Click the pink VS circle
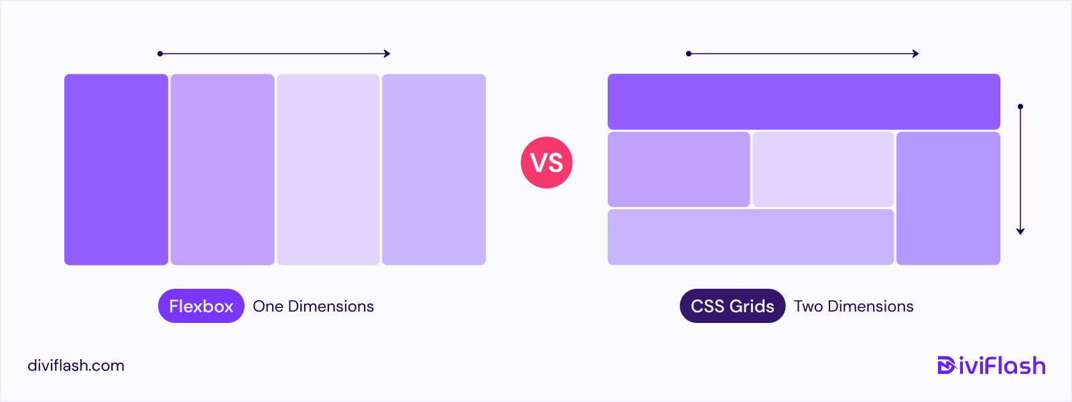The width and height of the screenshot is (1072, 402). click(x=547, y=163)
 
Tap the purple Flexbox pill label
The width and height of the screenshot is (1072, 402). click(x=201, y=306)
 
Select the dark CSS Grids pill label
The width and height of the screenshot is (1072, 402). click(x=732, y=306)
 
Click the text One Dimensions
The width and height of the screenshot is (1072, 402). click(x=313, y=306)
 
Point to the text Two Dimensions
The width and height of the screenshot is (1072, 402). click(x=854, y=306)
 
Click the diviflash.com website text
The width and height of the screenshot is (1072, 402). click(x=76, y=366)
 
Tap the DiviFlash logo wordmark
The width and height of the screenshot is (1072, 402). click(x=992, y=366)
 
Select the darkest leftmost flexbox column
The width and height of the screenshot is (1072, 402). click(x=116, y=170)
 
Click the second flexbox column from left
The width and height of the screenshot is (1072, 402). click(x=222, y=170)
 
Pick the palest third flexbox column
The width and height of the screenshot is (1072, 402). click(x=328, y=170)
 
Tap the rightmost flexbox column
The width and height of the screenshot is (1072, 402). click(x=433, y=170)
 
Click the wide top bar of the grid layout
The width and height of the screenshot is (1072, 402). click(x=803, y=102)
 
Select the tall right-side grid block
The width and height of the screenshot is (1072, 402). click(x=948, y=198)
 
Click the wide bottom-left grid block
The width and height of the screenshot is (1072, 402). click(x=750, y=237)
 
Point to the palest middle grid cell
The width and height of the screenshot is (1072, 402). click(x=823, y=170)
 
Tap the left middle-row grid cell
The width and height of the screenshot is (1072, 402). click(x=679, y=170)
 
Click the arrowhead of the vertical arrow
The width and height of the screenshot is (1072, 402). click(x=1020, y=231)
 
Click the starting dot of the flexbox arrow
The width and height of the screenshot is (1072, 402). click(x=160, y=54)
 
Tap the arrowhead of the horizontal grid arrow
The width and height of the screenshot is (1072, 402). click(x=916, y=54)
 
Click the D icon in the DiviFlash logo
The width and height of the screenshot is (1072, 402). click(x=946, y=366)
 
